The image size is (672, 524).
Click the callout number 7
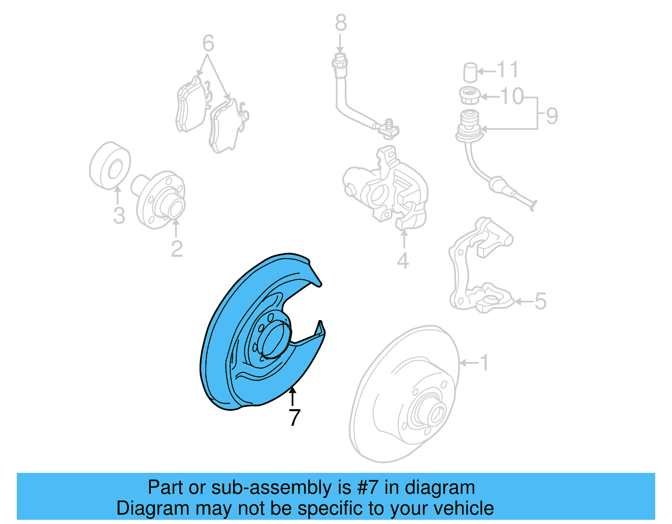click(295, 417)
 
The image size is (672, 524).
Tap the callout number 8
click(341, 23)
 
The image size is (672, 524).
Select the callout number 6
click(208, 43)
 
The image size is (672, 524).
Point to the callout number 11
click(508, 70)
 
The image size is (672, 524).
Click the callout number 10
click(512, 96)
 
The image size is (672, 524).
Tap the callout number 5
click(540, 301)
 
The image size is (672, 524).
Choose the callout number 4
click(403, 261)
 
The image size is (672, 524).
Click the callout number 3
click(119, 216)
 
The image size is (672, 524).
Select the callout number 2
click(177, 249)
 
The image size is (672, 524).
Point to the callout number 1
click(484, 363)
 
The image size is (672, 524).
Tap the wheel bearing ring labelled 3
click(110, 166)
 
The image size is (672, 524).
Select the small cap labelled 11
click(470, 72)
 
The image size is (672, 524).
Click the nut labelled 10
click(469, 96)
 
